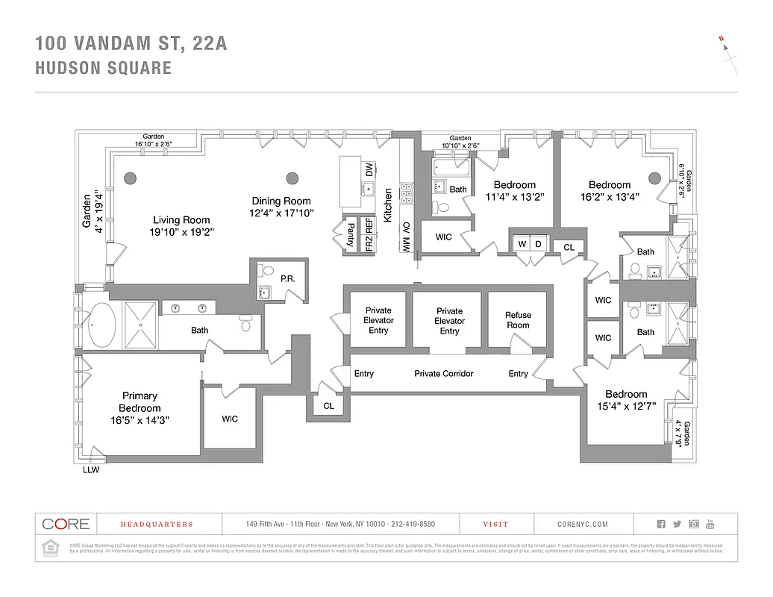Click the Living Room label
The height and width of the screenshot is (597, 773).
(x=181, y=220)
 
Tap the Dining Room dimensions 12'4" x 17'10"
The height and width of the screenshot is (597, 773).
(x=281, y=213)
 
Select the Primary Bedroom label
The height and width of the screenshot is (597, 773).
(x=140, y=402)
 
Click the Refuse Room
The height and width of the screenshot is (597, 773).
(x=518, y=320)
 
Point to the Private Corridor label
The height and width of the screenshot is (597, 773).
(x=444, y=374)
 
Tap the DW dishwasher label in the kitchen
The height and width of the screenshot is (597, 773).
(x=369, y=170)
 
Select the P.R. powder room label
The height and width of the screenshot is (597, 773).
(x=287, y=278)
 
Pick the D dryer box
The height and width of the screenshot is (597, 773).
(x=537, y=244)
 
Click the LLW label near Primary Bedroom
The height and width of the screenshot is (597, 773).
(x=91, y=470)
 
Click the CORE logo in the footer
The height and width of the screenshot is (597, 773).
(x=66, y=524)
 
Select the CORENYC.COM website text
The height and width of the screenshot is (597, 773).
(x=583, y=525)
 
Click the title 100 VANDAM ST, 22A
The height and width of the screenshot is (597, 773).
(x=131, y=44)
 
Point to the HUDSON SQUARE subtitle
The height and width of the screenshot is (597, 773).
(x=104, y=69)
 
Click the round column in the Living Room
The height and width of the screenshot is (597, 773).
(x=130, y=178)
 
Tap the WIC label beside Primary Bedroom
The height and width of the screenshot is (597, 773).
(x=230, y=419)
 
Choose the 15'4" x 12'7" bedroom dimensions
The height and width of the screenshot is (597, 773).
(x=626, y=406)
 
